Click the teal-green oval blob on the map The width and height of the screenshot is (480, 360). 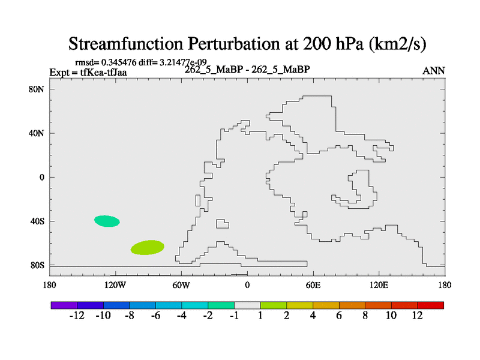[x=107, y=221]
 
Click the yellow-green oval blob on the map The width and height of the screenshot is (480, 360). [x=147, y=247]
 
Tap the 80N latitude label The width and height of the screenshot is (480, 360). [x=37, y=89]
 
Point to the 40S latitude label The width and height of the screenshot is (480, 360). [x=37, y=221]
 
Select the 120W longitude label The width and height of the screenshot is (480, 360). [x=115, y=285]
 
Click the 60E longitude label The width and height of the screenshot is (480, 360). [x=313, y=285]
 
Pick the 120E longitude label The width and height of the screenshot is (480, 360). [x=379, y=285]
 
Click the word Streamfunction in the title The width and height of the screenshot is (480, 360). [x=125, y=43]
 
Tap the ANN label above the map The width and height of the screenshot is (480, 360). [x=434, y=71]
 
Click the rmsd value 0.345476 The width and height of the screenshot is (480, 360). [x=119, y=62]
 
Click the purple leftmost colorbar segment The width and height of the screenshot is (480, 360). [x=64, y=305]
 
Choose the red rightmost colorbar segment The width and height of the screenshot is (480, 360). [x=430, y=305]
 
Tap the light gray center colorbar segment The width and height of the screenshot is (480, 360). [x=247, y=305]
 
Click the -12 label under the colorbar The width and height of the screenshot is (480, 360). [x=77, y=316]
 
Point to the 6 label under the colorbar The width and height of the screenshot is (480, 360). [x=339, y=316]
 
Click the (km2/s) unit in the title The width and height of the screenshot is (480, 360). [x=397, y=44]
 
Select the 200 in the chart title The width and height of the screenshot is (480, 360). [x=317, y=43]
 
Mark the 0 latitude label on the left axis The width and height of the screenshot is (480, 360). [x=41, y=177]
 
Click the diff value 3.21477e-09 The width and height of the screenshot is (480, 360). [x=183, y=62]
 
